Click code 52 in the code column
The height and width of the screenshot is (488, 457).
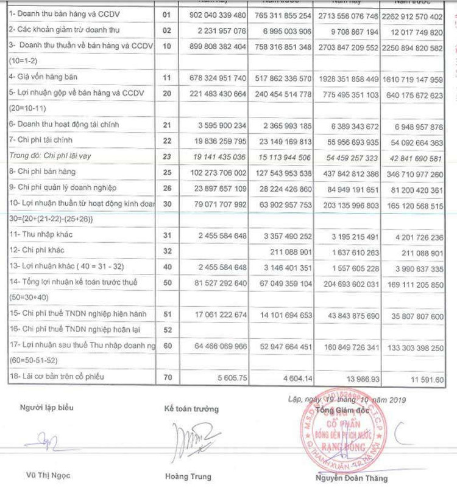click(x=167, y=329)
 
